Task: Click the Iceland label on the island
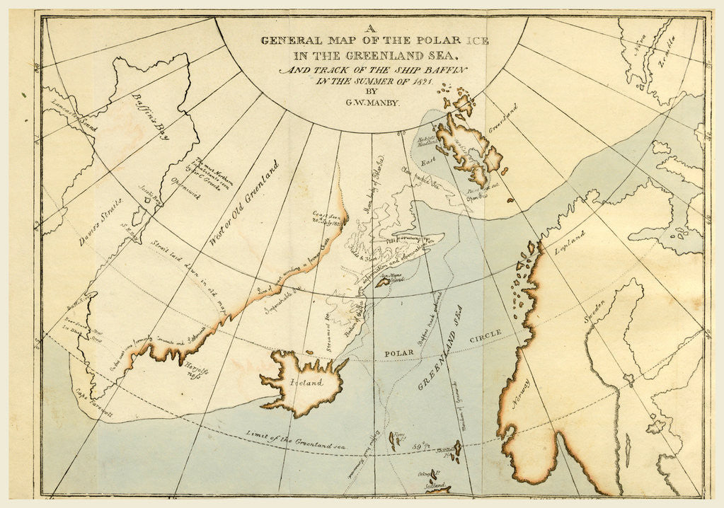tap(305, 383)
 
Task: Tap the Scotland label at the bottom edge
tap(436, 487)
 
